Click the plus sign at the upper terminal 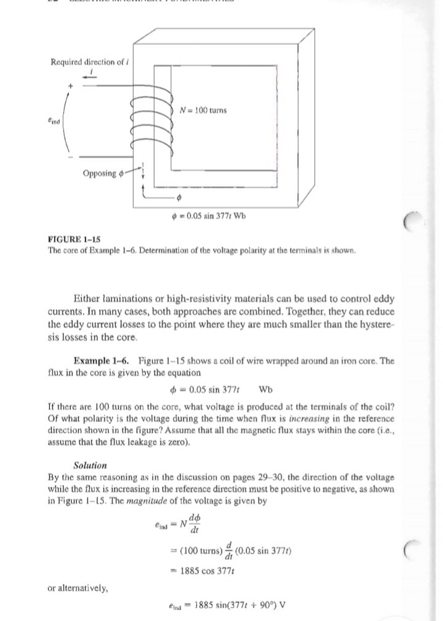tap(71, 86)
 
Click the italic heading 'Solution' tap(90, 465)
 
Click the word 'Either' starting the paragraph tap(89, 299)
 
